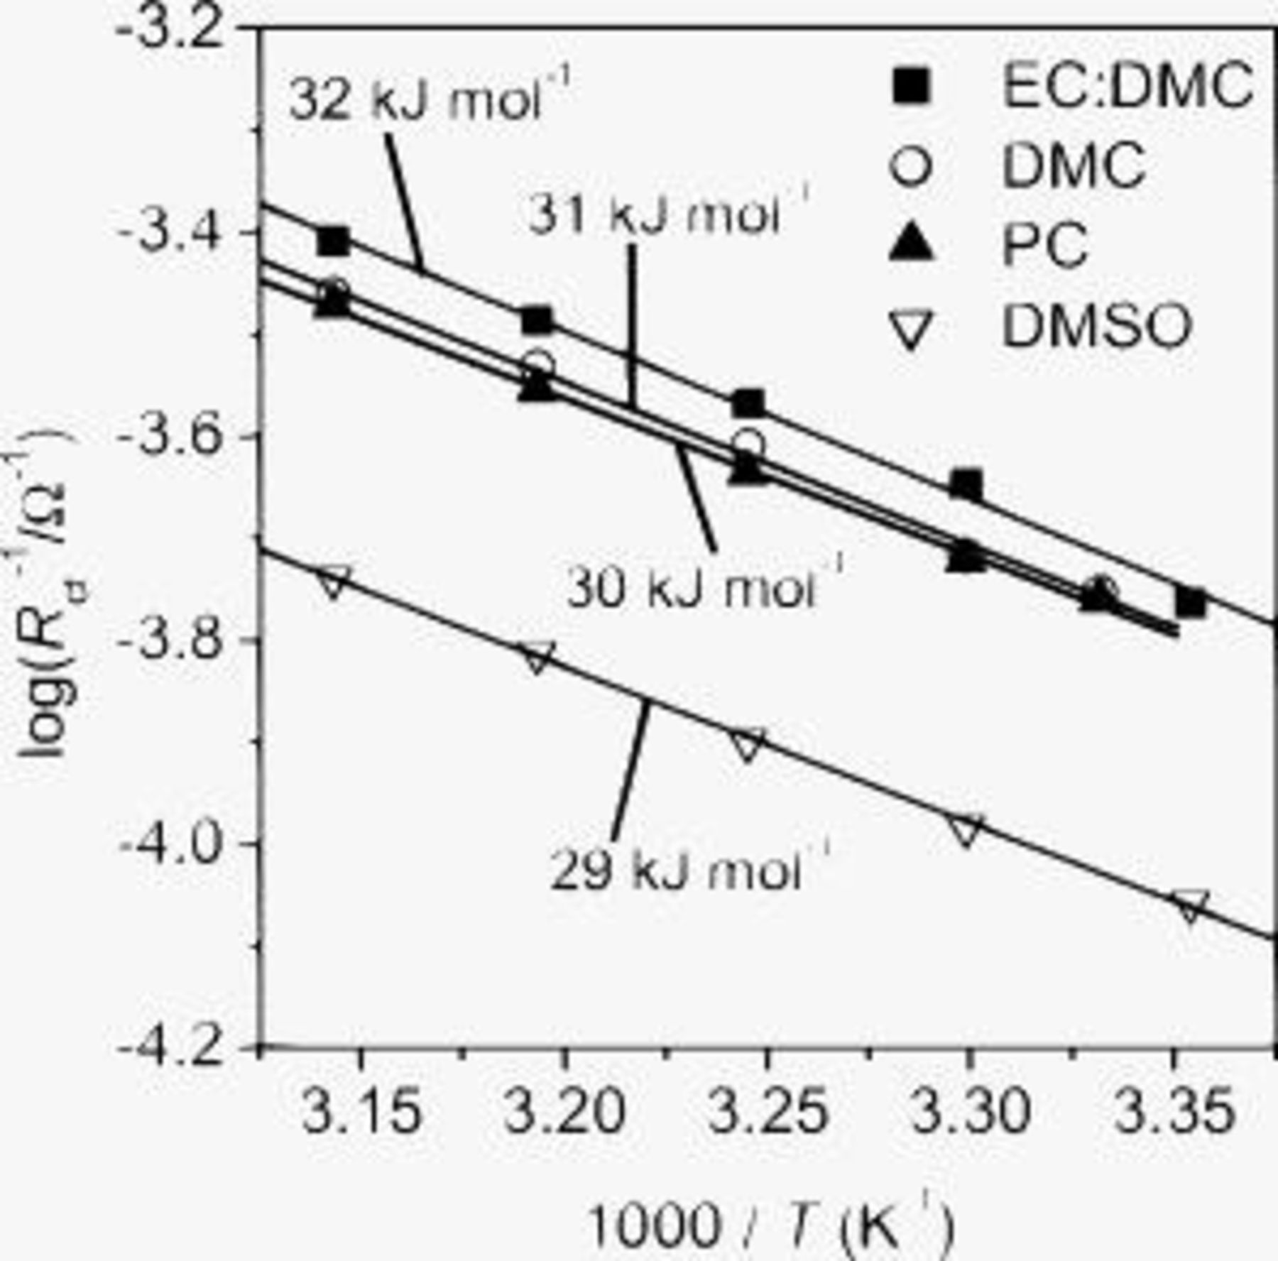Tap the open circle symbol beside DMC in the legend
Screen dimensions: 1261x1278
click(911, 166)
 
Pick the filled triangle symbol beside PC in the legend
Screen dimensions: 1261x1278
click(911, 246)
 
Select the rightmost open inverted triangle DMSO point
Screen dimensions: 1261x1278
click(1191, 906)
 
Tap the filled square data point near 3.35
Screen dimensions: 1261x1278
click(1190, 604)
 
